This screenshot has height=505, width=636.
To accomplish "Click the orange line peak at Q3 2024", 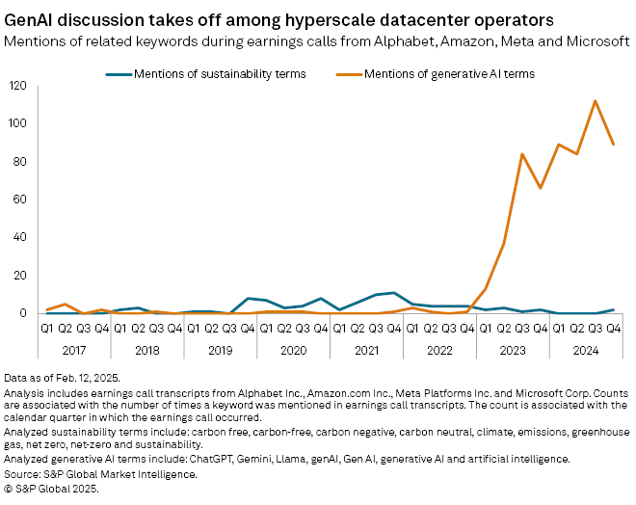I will tap(596, 101).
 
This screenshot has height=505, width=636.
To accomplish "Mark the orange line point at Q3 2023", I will tap(522, 154).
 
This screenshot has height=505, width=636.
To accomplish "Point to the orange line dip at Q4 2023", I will tap(541, 188).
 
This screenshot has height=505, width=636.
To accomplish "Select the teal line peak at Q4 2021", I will tap(393, 293).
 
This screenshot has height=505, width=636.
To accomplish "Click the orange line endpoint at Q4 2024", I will tap(614, 145).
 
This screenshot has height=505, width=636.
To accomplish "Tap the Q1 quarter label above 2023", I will tap(486, 328).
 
